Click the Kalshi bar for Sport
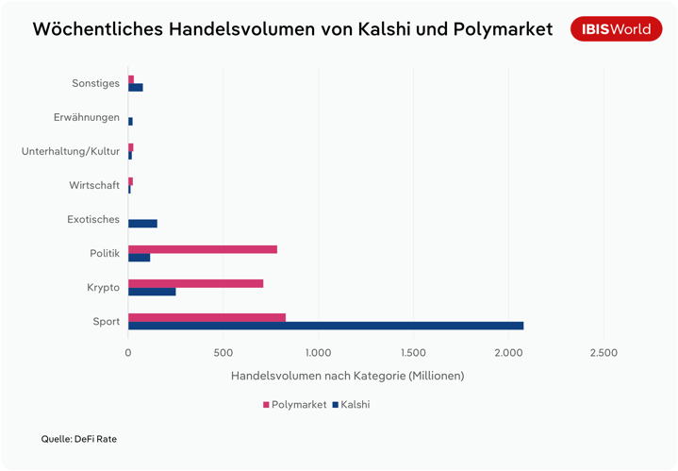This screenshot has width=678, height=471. [325, 326]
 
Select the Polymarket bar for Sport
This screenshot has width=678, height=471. [207, 317]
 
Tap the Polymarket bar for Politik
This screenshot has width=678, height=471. [203, 249]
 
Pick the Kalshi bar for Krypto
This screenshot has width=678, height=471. [152, 292]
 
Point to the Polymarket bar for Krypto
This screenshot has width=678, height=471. [195, 283]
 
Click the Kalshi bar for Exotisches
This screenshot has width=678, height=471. [142, 224]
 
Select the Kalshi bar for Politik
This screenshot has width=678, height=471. [139, 258]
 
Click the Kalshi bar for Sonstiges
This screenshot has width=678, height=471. [135, 88]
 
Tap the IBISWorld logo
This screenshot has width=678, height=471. [616, 29]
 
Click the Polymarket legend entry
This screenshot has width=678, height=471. [294, 404]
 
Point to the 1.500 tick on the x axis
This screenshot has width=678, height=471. [413, 353]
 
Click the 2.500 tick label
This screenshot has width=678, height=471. [604, 353]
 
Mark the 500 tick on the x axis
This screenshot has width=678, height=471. [223, 353]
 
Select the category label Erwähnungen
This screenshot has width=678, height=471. [87, 117]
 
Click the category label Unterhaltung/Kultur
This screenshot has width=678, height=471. [71, 151]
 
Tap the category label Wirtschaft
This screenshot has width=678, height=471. [94, 185]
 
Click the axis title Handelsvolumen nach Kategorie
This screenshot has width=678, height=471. [347, 376]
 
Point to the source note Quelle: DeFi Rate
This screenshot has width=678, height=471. [78, 439]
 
